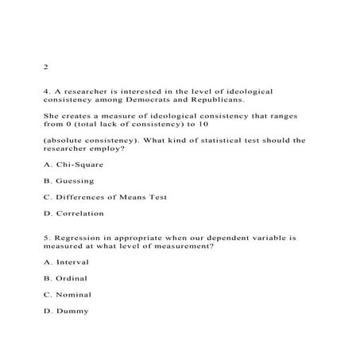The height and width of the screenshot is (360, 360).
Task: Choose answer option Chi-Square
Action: click(86, 165)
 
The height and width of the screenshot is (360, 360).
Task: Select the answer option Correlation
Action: click(85, 213)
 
